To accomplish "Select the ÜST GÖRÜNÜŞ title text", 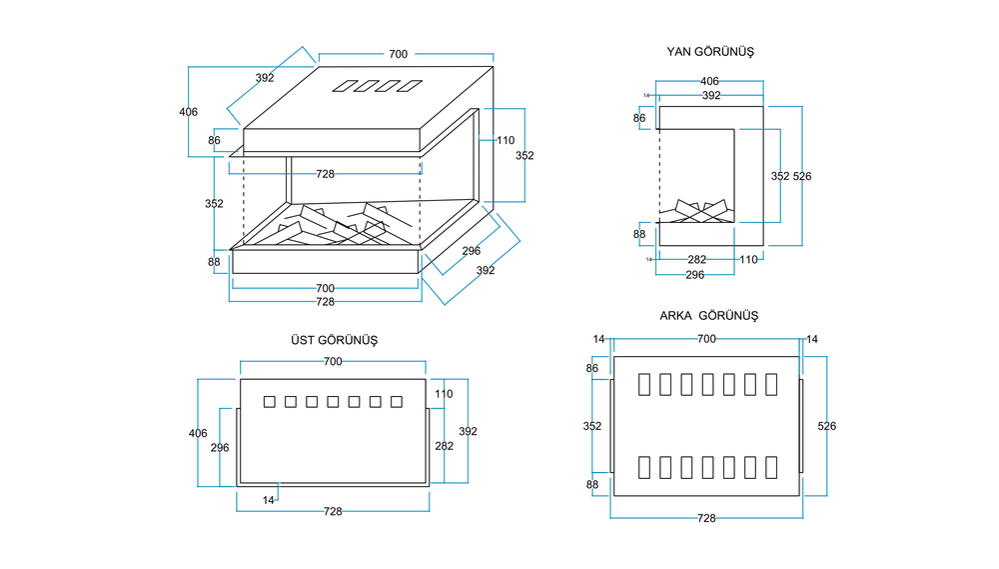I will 334,340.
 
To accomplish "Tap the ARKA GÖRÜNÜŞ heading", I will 709,315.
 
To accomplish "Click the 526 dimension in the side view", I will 802,176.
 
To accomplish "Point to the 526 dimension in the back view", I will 826,426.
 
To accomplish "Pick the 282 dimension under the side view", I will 697,259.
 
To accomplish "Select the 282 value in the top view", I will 444,446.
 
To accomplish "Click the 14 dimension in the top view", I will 269,498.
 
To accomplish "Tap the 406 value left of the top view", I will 198,433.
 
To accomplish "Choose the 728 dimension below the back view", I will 706,518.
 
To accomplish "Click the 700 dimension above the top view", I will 333,361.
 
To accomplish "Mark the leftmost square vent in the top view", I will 269,402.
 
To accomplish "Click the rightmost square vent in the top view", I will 397,402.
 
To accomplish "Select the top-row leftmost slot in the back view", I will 643,384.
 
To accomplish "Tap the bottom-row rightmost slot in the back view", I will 771,467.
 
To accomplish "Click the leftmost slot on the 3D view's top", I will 343,86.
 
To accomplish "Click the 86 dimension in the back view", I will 592,368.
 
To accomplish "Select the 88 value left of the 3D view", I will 214,263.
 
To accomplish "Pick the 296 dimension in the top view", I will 221,448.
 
